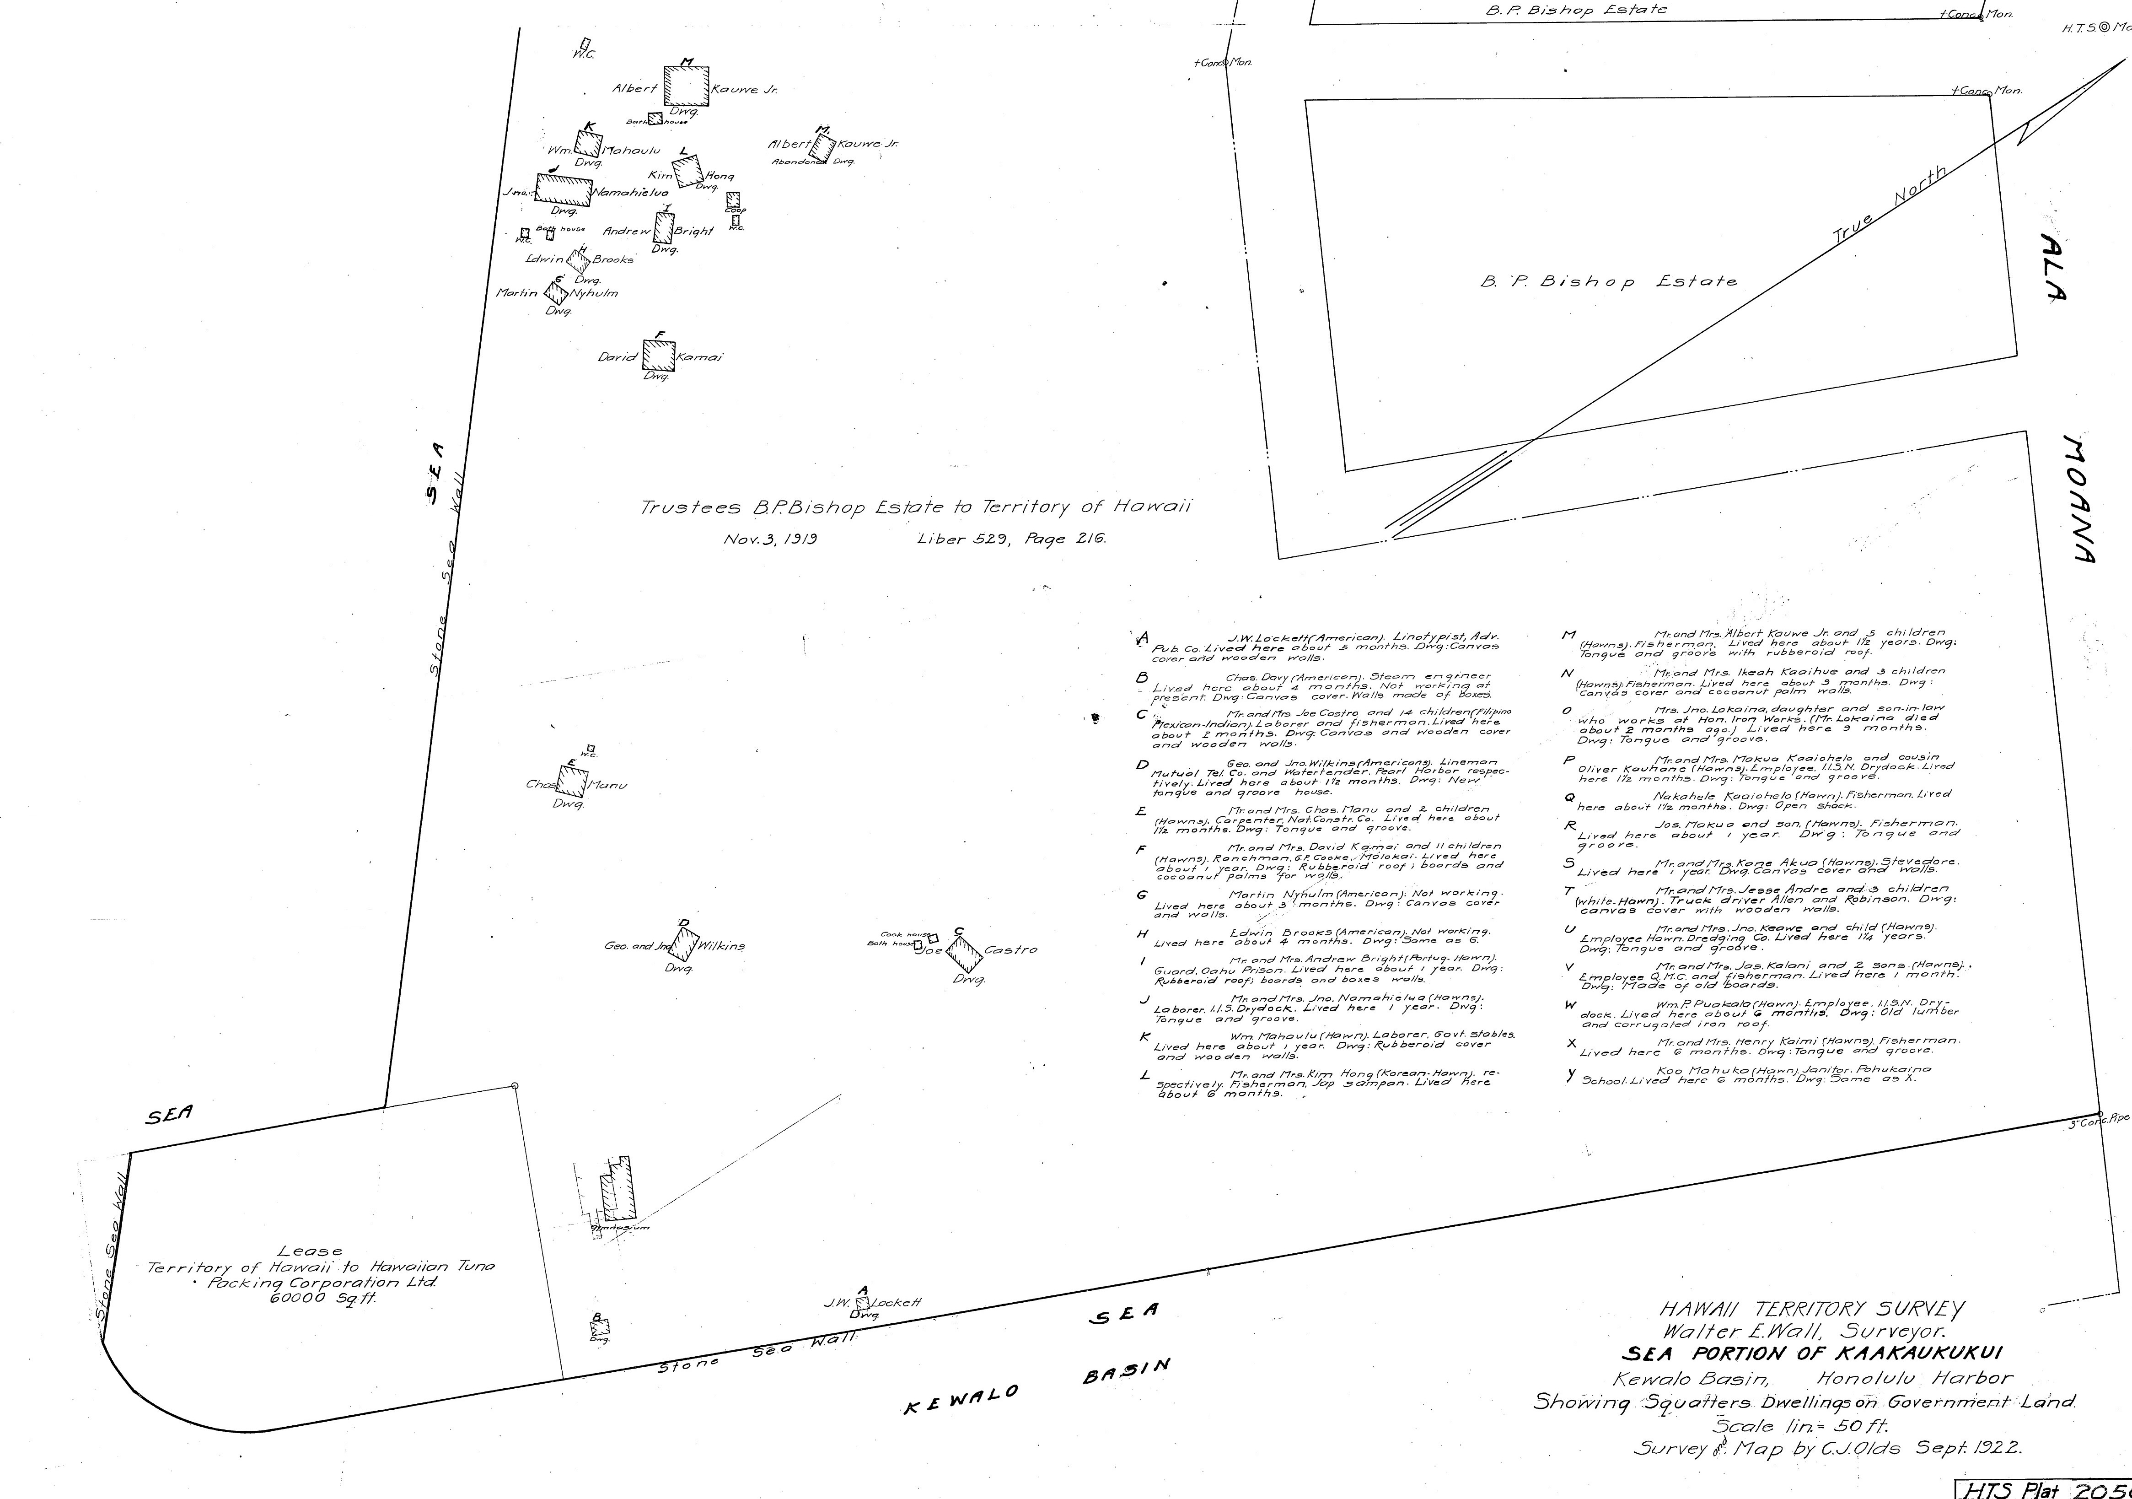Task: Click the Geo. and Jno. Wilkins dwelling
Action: pyautogui.click(x=684, y=944)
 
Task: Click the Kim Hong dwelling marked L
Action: pyautogui.click(x=688, y=171)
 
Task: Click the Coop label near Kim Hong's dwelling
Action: pyautogui.click(x=735, y=210)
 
